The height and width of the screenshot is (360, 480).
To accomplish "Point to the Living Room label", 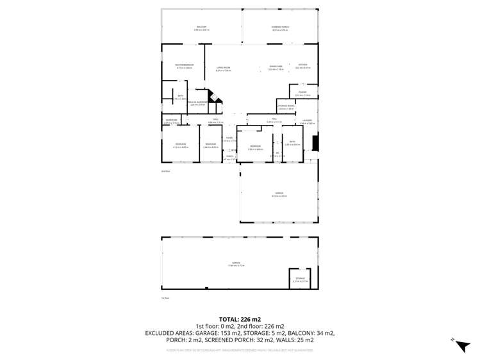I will (223, 68).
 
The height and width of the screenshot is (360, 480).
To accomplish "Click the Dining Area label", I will (276, 68).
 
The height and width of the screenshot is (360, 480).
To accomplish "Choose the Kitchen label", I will (302, 66).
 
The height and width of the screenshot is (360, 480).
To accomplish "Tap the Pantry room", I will (302, 94).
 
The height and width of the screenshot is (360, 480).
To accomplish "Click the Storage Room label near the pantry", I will (286, 107).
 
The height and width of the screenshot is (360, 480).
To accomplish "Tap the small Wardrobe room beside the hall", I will (171, 121).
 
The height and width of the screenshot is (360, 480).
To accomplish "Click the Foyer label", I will (229, 139).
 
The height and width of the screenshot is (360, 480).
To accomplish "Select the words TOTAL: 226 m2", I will (239, 319).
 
